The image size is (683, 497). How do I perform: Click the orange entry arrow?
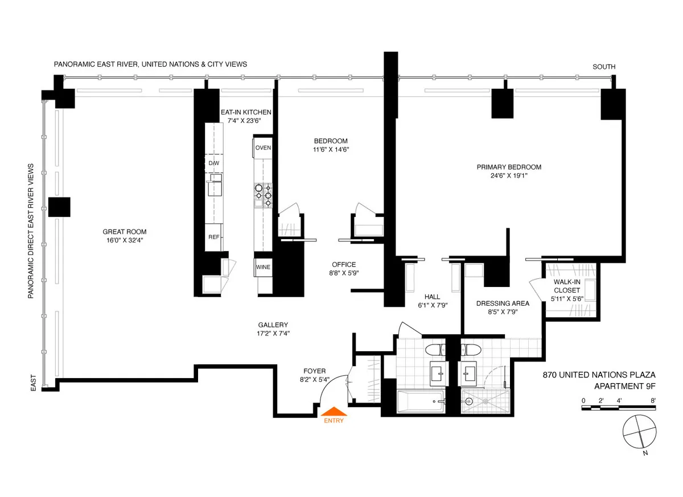[x=334, y=411]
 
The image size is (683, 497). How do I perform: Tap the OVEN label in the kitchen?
[x=263, y=148]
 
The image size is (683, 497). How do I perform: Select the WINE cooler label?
[x=263, y=267]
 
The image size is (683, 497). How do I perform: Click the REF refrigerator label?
[x=213, y=237]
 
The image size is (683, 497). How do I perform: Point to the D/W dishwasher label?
[x=213, y=163]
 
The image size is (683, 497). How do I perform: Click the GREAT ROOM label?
[x=124, y=232]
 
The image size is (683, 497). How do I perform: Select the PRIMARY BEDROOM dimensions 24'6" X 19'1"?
[x=508, y=176]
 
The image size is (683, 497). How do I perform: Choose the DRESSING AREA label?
[x=503, y=303]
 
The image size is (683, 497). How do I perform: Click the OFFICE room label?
[x=344, y=265]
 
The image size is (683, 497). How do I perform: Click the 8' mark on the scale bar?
[x=652, y=401]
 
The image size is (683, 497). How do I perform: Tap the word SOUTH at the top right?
[x=604, y=67]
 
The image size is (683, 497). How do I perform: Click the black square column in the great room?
[x=59, y=207]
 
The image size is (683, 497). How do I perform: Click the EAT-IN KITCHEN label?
[x=246, y=112]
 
